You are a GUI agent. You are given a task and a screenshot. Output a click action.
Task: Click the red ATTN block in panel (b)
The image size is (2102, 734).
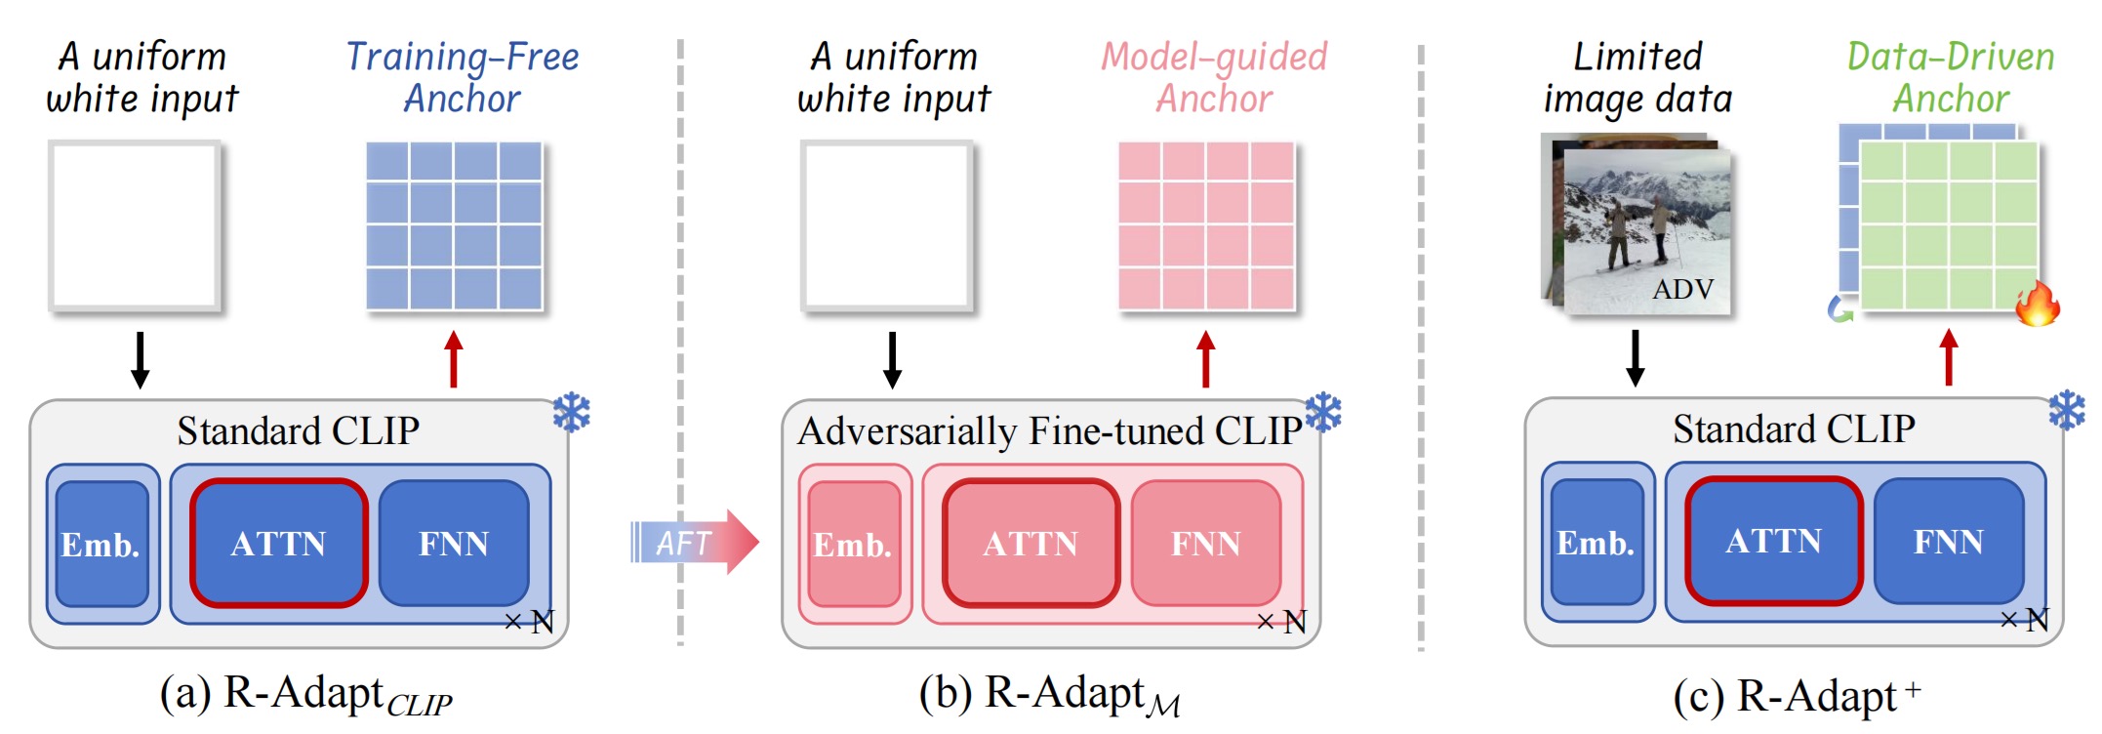(1031, 543)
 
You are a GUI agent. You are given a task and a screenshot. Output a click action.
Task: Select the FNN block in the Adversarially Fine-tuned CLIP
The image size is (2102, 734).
(1206, 543)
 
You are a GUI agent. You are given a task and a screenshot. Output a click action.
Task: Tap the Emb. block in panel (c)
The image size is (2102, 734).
(1596, 542)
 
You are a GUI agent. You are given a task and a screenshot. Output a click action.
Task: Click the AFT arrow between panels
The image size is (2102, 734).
(693, 542)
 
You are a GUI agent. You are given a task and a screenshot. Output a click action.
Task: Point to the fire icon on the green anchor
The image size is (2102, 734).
(2037, 304)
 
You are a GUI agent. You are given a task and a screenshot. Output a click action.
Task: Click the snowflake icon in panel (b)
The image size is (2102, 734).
(1323, 413)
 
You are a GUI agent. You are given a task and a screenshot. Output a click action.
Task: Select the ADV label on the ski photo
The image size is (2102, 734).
(1682, 289)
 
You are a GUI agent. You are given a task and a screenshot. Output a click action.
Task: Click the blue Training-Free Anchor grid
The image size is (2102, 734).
(455, 226)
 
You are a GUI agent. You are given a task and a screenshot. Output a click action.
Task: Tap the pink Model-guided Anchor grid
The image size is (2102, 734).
(1206, 226)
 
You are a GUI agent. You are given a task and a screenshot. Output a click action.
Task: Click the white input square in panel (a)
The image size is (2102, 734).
(136, 226)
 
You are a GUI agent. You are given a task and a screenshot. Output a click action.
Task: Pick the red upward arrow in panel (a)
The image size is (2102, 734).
(453, 359)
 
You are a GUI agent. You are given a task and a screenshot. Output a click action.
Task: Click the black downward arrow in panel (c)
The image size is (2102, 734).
(1636, 358)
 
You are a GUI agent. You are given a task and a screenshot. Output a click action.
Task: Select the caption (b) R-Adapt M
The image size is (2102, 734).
(1049, 695)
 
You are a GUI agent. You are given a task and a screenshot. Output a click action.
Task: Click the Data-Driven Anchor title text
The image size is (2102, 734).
(1950, 77)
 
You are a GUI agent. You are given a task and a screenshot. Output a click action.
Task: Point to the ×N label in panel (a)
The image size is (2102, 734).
(529, 622)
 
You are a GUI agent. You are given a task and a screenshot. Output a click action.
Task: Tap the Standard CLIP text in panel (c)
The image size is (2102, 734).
(1794, 428)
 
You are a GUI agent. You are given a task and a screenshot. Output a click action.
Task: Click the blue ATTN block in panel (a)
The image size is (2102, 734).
(279, 543)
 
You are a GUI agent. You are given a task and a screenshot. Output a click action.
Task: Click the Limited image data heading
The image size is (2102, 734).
(1637, 77)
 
